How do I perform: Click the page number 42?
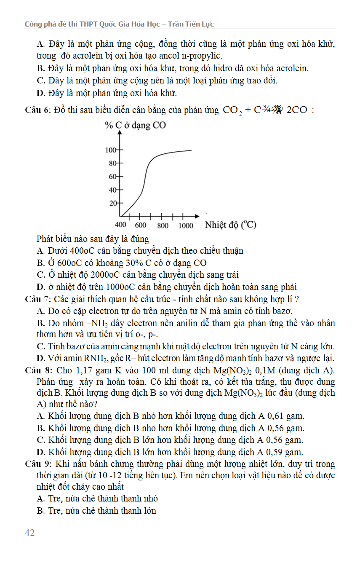click(x=29, y=533)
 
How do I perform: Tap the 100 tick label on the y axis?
click(x=110, y=150)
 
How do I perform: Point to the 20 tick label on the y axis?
click(x=113, y=204)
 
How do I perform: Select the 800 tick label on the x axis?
click(x=163, y=225)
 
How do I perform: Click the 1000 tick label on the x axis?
click(x=186, y=225)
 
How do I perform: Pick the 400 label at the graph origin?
click(x=120, y=225)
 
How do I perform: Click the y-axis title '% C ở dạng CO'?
click(x=135, y=125)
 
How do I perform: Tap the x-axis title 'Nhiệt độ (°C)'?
click(x=230, y=225)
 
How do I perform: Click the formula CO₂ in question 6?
click(x=232, y=111)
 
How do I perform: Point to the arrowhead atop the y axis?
click(x=121, y=132)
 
